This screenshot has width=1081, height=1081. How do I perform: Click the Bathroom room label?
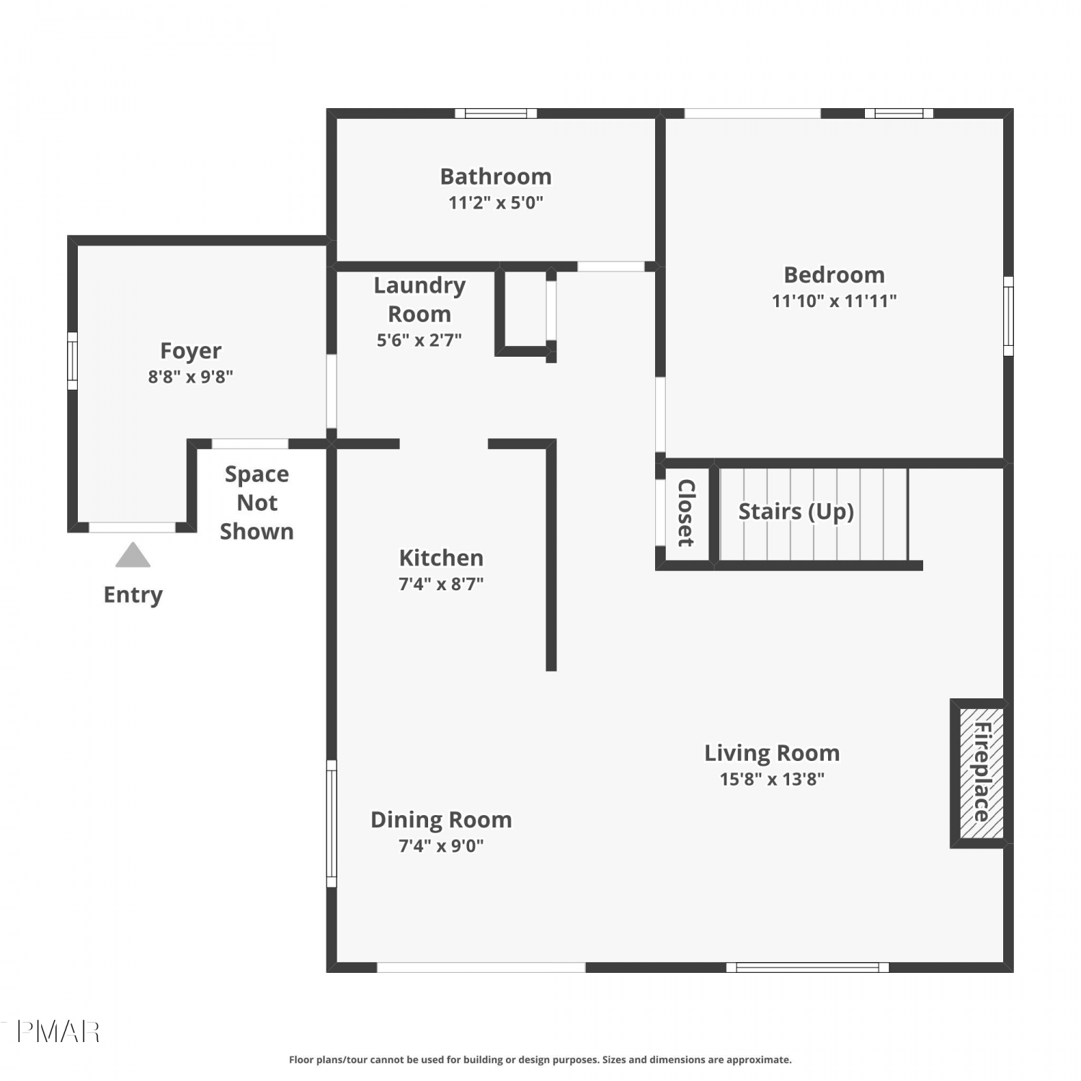tap(496, 177)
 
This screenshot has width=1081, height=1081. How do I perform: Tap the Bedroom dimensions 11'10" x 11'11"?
tap(835, 301)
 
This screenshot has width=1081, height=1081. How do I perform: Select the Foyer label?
tap(190, 351)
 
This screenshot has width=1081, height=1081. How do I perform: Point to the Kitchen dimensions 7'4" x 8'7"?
tap(441, 584)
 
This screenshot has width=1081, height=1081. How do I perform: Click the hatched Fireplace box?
tap(982, 773)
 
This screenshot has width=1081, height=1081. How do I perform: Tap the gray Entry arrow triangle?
tap(133, 555)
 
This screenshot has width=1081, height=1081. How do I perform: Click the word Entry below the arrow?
tap(133, 595)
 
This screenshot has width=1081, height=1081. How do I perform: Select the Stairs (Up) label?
tap(796, 512)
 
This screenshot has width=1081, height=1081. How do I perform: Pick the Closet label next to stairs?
tap(686, 513)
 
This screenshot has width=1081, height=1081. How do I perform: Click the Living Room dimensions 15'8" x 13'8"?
tap(772, 779)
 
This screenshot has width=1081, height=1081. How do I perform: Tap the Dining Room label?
tap(441, 820)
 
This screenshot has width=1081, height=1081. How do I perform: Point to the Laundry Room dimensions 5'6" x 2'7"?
tap(419, 340)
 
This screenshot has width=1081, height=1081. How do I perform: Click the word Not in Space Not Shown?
tap(257, 502)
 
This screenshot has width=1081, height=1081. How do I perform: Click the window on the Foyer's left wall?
tap(72, 360)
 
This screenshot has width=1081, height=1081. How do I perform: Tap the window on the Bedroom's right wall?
tap(1009, 316)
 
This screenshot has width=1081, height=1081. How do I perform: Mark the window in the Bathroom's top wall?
tap(496, 113)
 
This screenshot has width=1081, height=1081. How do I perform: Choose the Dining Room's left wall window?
tap(332, 824)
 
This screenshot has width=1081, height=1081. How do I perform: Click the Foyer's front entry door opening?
tap(132, 528)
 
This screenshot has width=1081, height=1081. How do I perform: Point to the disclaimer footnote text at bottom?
tap(540, 1059)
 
